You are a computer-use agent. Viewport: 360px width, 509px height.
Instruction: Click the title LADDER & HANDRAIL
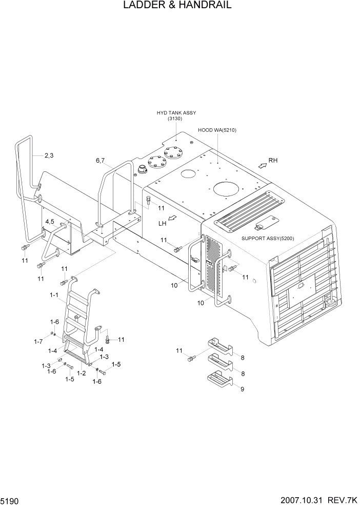(x=177, y=6)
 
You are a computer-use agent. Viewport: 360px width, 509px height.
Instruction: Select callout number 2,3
(x=49, y=155)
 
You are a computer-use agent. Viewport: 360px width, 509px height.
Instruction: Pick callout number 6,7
(x=100, y=161)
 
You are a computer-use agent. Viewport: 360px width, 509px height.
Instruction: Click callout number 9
(x=242, y=389)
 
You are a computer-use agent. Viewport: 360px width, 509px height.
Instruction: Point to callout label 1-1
(x=54, y=296)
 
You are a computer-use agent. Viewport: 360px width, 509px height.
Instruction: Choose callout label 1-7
(x=38, y=341)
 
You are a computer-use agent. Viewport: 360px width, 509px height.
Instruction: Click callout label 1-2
(x=81, y=373)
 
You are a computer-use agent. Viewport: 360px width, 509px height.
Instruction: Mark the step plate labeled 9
(x=219, y=380)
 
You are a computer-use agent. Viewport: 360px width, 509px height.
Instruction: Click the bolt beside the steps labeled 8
(x=192, y=358)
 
